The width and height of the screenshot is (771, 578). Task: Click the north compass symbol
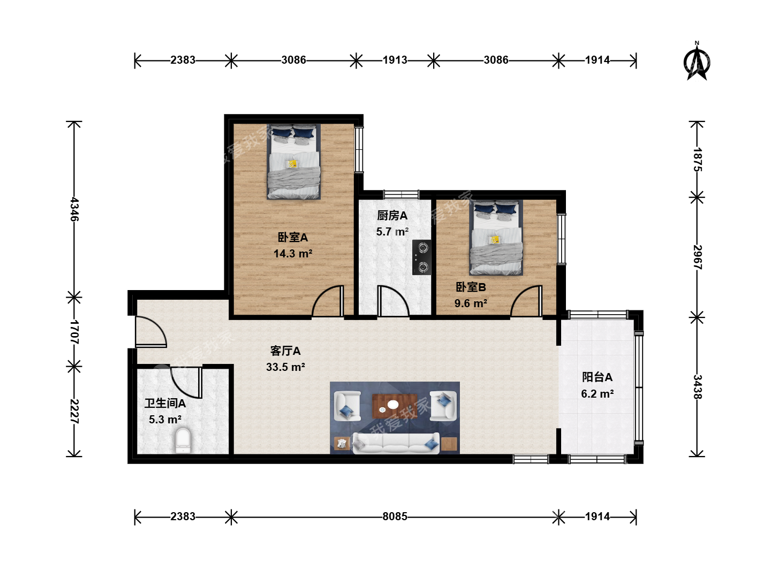(697, 62)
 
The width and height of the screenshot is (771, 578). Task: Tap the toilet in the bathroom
(183, 440)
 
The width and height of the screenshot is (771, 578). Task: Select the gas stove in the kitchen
(422, 257)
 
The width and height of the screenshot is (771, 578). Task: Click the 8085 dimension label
(395, 516)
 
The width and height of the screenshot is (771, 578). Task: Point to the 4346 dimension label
(74, 209)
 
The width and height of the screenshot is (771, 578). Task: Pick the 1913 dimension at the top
(395, 60)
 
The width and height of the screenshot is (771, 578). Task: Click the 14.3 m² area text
(292, 253)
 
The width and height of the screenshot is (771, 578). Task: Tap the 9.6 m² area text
(471, 303)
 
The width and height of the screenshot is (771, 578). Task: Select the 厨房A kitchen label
(392, 216)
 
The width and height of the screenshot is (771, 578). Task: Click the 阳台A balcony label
(597, 377)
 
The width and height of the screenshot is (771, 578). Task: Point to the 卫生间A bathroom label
(165, 404)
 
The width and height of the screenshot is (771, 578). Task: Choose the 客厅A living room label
(285, 351)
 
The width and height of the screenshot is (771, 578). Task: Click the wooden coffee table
(395, 406)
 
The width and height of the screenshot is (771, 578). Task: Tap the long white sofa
(396, 443)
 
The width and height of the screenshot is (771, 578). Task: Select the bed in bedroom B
(496, 238)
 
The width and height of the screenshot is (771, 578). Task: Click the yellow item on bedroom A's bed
(292, 164)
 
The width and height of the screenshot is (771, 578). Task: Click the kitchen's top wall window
(401, 194)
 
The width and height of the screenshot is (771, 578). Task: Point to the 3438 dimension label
(697, 387)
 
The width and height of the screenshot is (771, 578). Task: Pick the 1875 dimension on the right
(697, 159)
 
